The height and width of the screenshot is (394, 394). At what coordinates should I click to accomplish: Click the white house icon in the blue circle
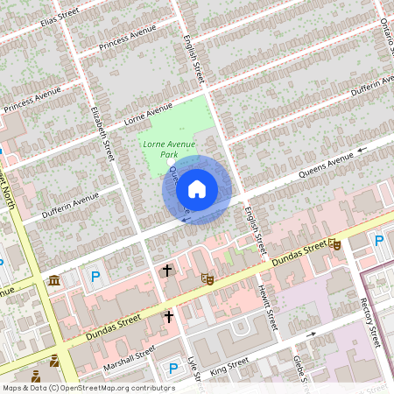(x=197, y=189)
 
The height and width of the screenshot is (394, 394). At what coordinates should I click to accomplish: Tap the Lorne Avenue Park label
(x=168, y=148)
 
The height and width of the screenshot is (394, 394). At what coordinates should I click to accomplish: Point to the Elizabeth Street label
(x=102, y=132)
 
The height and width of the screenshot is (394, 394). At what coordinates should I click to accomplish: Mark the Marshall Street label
(x=129, y=356)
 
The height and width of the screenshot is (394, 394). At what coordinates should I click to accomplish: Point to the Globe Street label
(x=300, y=366)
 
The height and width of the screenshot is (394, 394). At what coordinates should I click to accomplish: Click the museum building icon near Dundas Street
(x=54, y=280)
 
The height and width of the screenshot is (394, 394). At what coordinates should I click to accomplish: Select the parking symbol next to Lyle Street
(x=172, y=368)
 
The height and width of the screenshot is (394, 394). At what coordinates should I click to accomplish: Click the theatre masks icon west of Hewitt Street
(x=208, y=278)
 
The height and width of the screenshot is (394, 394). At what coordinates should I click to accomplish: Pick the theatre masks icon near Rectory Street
(x=334, y=246)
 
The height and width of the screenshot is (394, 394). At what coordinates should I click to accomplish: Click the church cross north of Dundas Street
(x=166, y=271)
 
